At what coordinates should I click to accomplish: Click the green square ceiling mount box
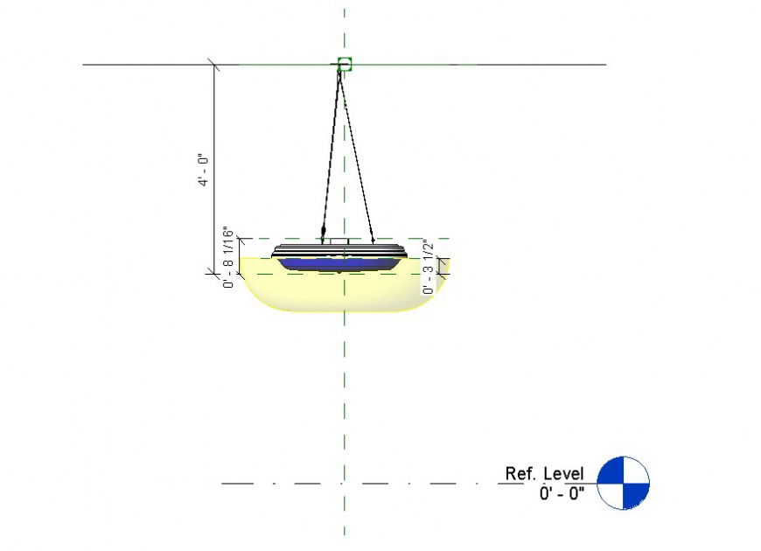coord(344,64)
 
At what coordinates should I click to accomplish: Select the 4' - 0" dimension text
coord(203,170)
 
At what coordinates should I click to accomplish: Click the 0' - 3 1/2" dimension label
coord(428,267)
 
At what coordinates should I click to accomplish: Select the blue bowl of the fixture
coord(339,262)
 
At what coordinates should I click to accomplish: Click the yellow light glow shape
coord(341,293)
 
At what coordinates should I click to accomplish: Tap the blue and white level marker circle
coord(623,482)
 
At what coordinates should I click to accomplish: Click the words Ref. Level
coord(543,473)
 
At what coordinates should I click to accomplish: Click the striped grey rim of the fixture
coord(339,250)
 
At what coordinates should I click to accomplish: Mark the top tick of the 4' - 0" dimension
coord(214,64)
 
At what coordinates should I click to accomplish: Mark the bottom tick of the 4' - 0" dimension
coord(214,273)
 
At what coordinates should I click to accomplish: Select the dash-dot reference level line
coord(350,483)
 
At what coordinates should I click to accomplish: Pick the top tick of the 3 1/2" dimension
coord(443,258)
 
